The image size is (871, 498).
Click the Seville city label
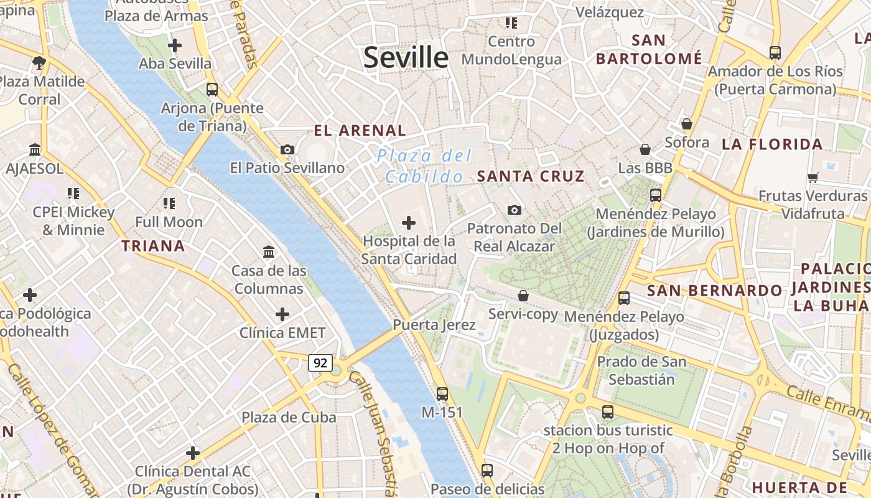(406, 58)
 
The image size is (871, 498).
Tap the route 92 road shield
(320, 362)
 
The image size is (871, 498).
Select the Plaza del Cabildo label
(425, 166)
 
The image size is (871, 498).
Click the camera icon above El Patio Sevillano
(287, 149)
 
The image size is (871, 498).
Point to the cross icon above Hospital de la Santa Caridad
(409, 222)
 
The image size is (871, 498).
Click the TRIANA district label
(154, 246)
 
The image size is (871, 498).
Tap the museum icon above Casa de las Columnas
(269, 252)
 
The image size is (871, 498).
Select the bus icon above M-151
(442, 393)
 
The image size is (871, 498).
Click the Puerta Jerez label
(434, 325)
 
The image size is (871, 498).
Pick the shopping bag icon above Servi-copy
(523, 296)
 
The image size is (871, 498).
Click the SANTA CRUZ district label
(531, 176)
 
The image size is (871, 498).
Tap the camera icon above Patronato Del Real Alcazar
(514, 210)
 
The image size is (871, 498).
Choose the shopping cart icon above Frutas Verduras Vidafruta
(813, 177)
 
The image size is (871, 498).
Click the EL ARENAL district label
(360, 131)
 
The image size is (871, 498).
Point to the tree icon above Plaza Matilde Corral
(39, 62)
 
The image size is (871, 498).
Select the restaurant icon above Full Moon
(169, 203)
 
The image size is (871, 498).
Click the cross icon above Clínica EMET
(282, 314)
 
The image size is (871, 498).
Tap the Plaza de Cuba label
(289, 417)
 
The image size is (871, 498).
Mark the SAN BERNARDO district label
(714, 291)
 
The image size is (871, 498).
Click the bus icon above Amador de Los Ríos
(775, 53)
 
